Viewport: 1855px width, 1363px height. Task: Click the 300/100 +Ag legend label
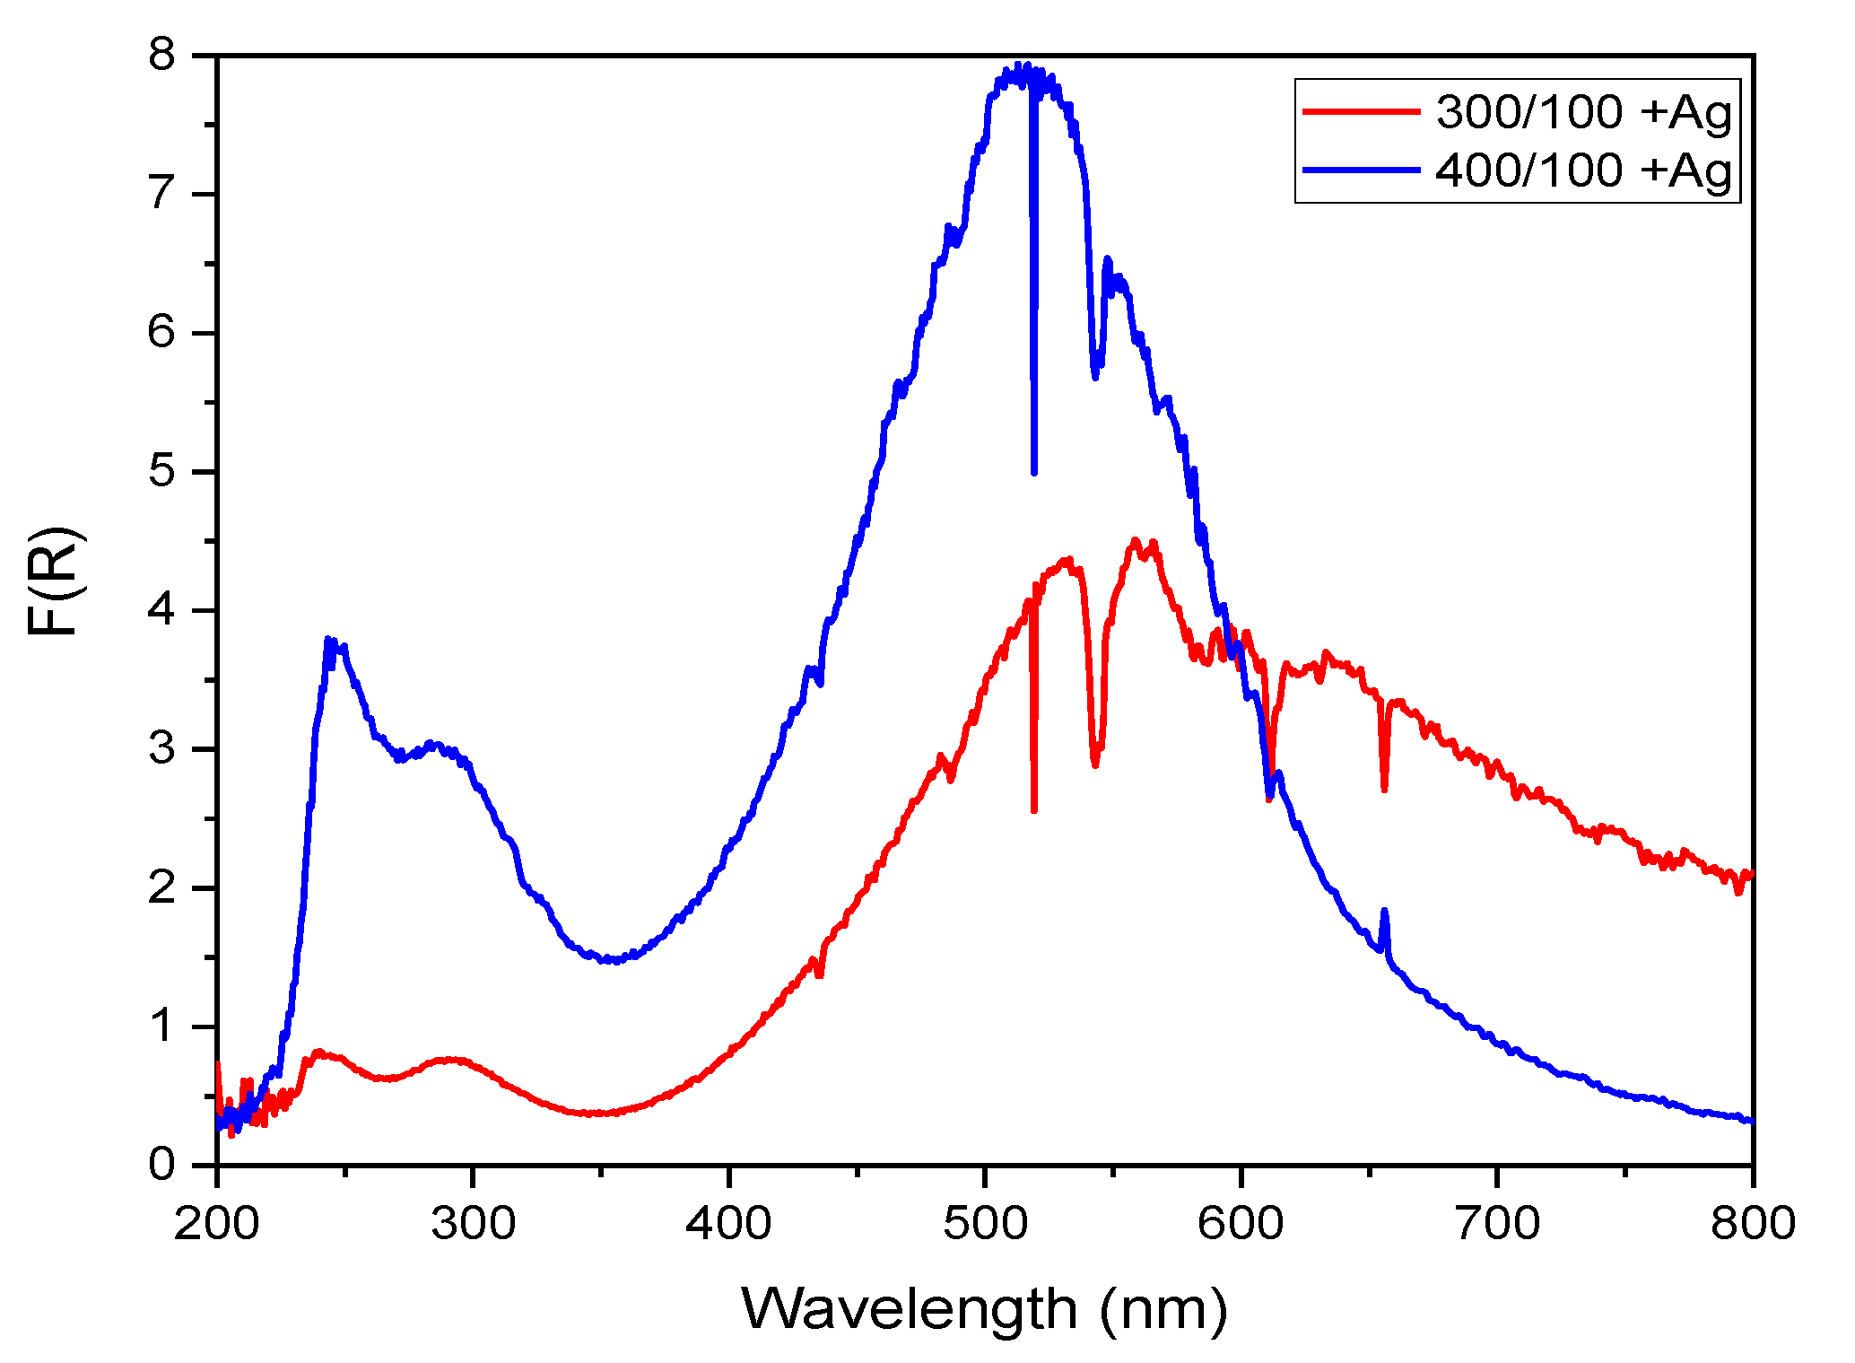[x=1584, y=113]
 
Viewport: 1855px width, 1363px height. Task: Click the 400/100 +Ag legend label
[x=1584, y=170]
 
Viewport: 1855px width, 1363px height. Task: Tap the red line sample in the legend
[x=1361, y=111]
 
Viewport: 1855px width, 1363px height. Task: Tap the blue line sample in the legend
[x=1361, y=170]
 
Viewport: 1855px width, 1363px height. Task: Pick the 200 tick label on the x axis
[x=217, y=1223]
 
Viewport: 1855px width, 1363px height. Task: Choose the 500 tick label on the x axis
[x=985, y=1223]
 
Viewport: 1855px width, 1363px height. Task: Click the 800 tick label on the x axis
[x=1752, y=1223]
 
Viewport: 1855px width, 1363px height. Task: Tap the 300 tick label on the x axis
[x=473, y=1223]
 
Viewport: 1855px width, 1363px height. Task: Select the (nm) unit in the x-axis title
[x=1163, y=1311]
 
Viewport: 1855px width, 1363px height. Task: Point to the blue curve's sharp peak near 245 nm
[x=328, y=640]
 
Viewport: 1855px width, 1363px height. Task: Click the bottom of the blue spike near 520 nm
[x=1034, y=471]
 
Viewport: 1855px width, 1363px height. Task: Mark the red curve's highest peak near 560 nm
[x=1136, y=540]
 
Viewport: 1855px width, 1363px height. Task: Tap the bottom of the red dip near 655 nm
[x=1385, y=789]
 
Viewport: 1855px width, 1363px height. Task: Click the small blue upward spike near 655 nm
[x=1384, y=912]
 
